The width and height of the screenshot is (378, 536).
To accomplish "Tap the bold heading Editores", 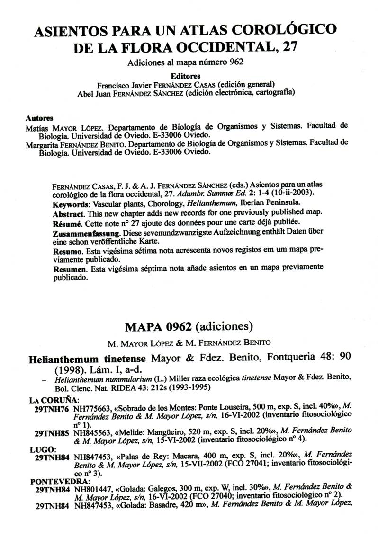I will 186,75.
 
